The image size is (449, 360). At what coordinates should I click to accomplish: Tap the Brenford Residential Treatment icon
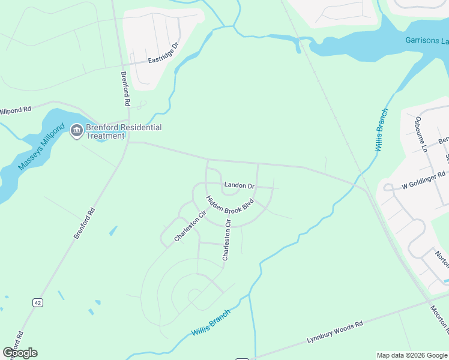pyautogui.click(x=76, y=131)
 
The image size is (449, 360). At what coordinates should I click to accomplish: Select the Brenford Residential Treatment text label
pyautogui.click(x=124, y=131)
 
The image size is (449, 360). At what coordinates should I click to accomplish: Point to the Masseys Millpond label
pyautogui.click(x=41, y=148)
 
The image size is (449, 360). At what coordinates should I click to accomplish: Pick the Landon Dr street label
pyautogui.click(x=240, y=185)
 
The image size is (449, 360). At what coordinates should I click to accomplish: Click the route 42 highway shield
pyautogui.click(x=38, y=303)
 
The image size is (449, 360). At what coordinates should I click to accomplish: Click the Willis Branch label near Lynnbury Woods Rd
pyautogui.click(x=211, y=323)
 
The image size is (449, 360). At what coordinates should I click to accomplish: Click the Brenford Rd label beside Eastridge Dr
pyautogui.click(x=126, y=89)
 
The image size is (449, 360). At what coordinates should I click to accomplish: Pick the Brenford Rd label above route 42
pyautogui.click(x=85, y=223)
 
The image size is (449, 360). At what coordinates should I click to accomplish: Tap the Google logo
pyautogui.click(x=20, y=353)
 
